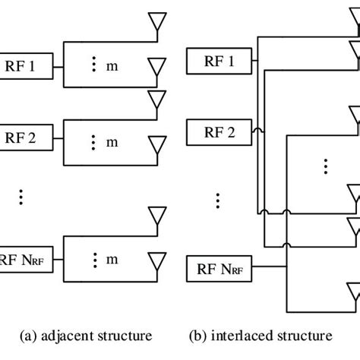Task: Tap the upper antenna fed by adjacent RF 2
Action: pos(157,98)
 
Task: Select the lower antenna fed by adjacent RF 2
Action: pos(157,143)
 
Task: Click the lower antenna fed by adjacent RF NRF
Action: pos(157,261)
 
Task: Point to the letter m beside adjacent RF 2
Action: pos(112,141)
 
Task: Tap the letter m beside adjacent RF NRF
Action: pos(112,260)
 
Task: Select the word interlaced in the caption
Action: pos(251,335)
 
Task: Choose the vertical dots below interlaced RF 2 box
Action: pos(217,201)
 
